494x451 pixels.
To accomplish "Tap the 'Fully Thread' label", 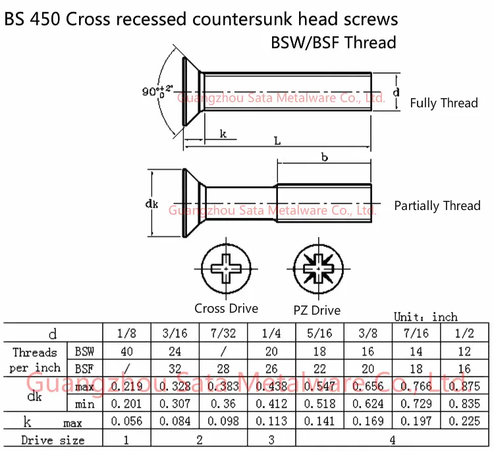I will [444, 103].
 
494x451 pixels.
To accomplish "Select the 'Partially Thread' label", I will [437, 205].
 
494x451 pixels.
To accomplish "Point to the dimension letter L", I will [277, 142].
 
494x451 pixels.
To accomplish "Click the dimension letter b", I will [324, 157].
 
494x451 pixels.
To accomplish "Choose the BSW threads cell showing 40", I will [127, 352].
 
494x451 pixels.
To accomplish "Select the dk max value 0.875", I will [465, 386].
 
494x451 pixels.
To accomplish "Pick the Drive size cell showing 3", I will [273, 439].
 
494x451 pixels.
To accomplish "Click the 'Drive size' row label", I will [53, 440].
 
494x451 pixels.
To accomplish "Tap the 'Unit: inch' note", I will [425, 317].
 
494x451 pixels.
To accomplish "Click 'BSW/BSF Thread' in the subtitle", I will [333, 43].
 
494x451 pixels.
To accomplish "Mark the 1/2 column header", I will [465, 334].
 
